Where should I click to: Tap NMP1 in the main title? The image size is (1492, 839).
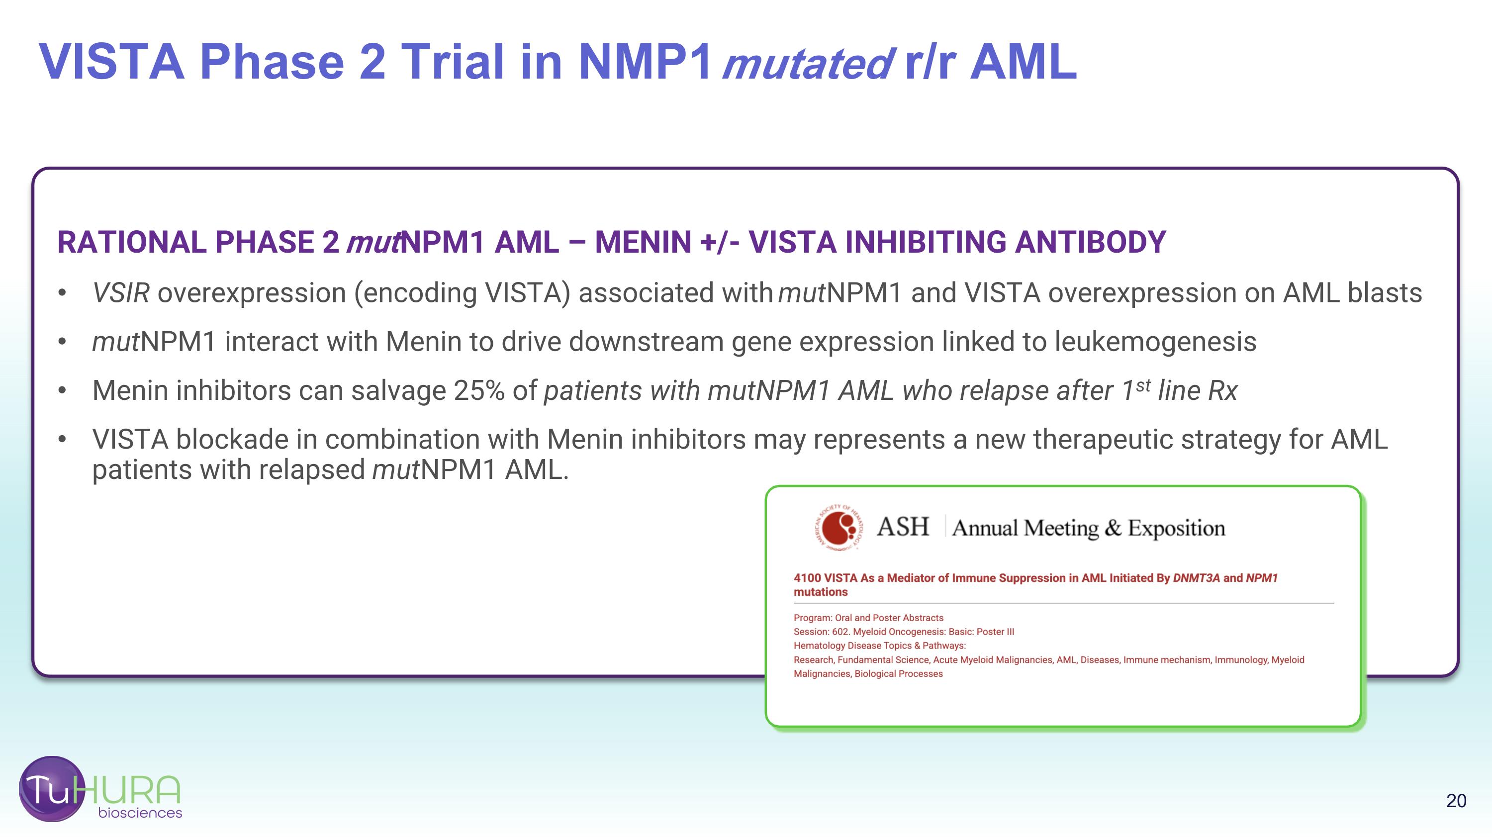pyautogui.click(x=645, y=62)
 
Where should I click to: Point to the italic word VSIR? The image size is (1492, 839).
pyautogui.click(x=121, y=293)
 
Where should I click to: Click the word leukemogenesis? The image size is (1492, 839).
pyautogui.click(x=1155, y=342)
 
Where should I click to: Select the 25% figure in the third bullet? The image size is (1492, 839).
pyautogui.click(x=479, y=390)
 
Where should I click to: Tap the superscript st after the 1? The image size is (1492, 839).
pyautogui.click(x=1143, y=385)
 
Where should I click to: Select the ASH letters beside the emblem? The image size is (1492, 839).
pyautogui.click(x=902, y=527)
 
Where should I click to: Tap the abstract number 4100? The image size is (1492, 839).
pyautogui.click(x=807, y=578)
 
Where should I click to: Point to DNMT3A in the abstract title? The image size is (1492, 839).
pyautogui.click(x=1196, y=578)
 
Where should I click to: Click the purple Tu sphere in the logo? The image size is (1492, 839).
pyautogui.click(x=51, y=789)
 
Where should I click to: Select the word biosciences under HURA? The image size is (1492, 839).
pyautogui.click(x=140, y=813)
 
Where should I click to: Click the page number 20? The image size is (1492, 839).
pyautogui.click(x=1456, y=801)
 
